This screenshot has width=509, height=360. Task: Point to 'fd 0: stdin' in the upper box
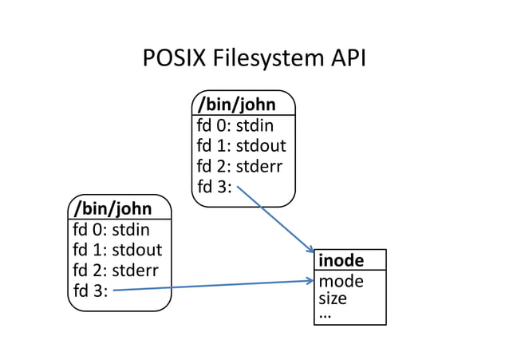click(x=235, y=126)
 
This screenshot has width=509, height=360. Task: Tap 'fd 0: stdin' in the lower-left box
click(x=111, y=231)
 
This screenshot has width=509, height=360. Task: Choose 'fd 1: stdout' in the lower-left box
click(x=117, y=251)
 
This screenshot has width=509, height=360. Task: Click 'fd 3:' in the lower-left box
click(x=90, y=291)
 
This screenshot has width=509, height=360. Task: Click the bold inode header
click(x=341, y=261)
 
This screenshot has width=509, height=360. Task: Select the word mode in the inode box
click(x=341, y=281)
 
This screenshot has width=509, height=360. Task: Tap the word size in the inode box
click(x=334, y=299)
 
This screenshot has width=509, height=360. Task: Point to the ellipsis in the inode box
click(x=325, y=315)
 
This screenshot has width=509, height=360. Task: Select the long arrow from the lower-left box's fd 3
click(x=211, y=286)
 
